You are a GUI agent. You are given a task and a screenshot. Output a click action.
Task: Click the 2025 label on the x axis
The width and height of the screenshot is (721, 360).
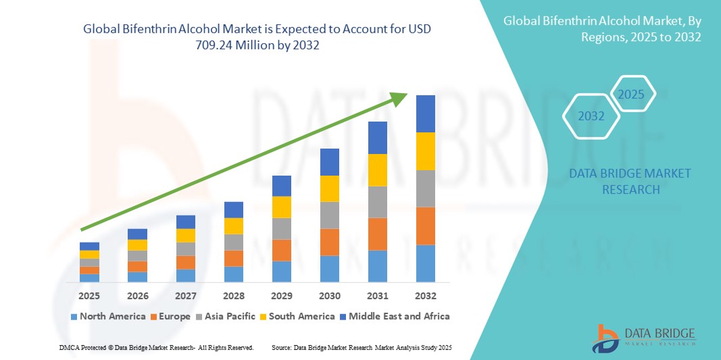tap(89, 296)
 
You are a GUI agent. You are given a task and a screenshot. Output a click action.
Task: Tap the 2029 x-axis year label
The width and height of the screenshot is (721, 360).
tap(282, 296)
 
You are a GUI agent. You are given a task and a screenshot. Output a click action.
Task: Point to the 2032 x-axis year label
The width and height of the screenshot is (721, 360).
tap(426, 296)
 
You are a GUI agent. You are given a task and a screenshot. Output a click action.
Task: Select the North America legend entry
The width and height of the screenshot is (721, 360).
tap(107, 316)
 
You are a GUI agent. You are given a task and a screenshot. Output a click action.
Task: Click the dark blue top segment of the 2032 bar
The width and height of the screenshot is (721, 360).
tap(426, 113)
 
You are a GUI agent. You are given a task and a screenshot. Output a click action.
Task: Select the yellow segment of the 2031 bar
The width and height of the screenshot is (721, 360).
tap(378, 170)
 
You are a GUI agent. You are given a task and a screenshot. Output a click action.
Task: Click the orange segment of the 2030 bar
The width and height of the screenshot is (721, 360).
tap(330, 242)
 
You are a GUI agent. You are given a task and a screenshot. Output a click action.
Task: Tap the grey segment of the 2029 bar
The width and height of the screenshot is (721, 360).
tap(282, 228)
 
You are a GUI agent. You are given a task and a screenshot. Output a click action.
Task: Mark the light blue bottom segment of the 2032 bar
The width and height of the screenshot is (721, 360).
tap(426, 263)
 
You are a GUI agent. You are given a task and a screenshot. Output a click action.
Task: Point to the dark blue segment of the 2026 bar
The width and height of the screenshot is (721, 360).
tap(137, 234)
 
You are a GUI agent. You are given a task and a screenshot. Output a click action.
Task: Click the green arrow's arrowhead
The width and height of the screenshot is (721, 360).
tap(399, 99)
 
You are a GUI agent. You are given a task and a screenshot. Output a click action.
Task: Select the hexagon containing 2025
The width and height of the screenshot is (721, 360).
tap(632, 94)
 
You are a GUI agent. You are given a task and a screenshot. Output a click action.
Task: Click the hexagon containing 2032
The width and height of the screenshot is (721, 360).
tap(591, 116)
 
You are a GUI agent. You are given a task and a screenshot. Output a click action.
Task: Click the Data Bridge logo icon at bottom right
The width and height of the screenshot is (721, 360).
tap(605, 338)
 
